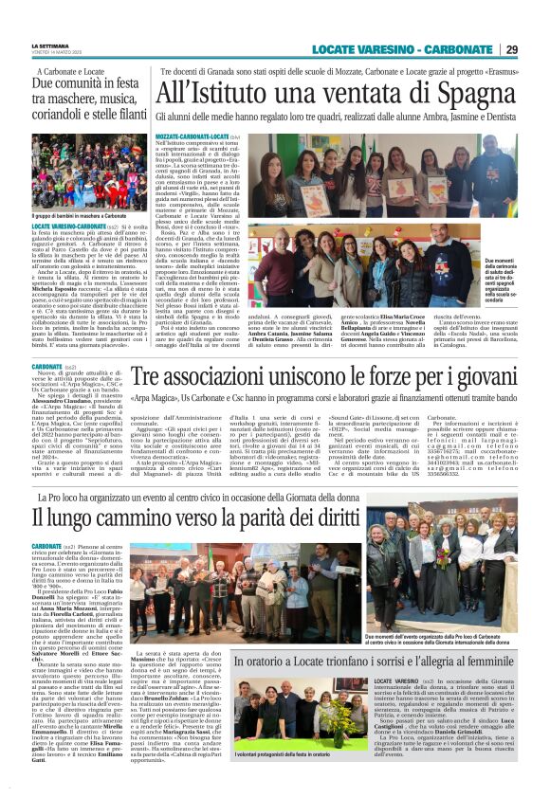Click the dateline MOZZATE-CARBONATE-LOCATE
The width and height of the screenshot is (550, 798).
tap(189, 137)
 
